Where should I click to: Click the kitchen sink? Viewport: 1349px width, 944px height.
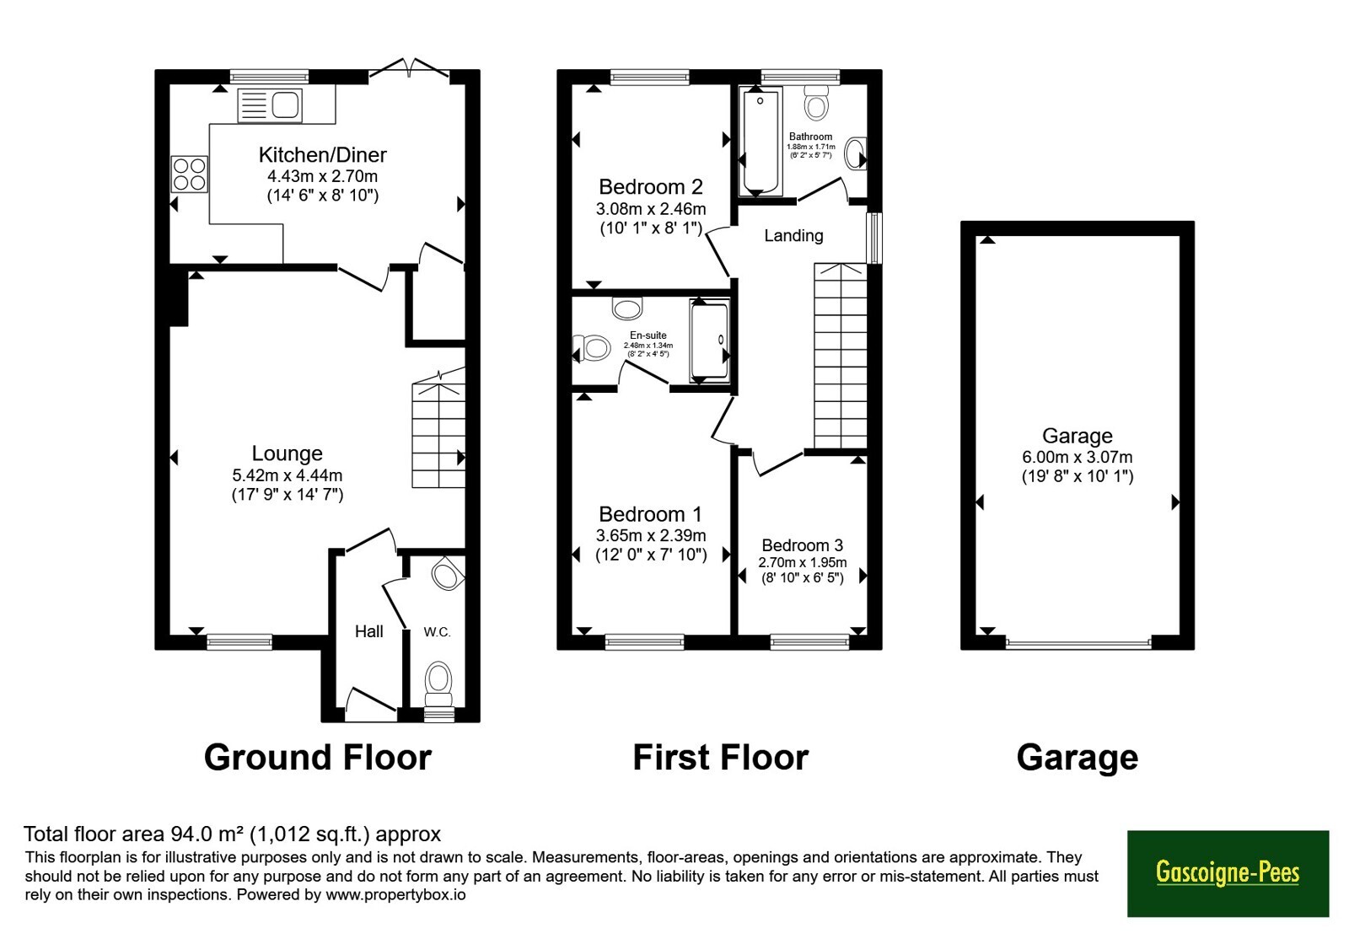point(270,105)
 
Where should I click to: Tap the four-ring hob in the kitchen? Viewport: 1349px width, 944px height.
point(189,174)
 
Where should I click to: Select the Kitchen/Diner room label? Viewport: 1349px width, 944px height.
point(323,155)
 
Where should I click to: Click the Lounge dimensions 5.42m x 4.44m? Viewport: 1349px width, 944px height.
point(288,475)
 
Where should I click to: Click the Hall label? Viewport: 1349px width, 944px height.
point(369,631)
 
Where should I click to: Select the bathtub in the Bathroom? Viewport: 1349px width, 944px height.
point(760,142)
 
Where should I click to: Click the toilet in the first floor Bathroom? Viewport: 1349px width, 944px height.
point(816,102)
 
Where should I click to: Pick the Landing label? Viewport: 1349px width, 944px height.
point(793,235)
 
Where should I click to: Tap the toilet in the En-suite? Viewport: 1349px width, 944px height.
point(591,348)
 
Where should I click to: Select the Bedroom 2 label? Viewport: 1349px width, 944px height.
point(651,186)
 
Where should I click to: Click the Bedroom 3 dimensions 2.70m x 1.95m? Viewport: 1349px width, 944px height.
point(802,562)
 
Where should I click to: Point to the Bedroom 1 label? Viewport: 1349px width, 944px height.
point(650,514)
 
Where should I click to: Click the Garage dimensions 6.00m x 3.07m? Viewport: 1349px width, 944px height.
point(1078,457)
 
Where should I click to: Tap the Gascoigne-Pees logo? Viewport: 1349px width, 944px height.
point(1228,873)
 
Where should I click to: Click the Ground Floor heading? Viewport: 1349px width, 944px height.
point(318,758)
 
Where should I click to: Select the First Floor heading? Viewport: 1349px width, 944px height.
point(720,758)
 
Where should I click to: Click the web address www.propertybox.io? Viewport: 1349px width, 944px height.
point(395,894)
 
